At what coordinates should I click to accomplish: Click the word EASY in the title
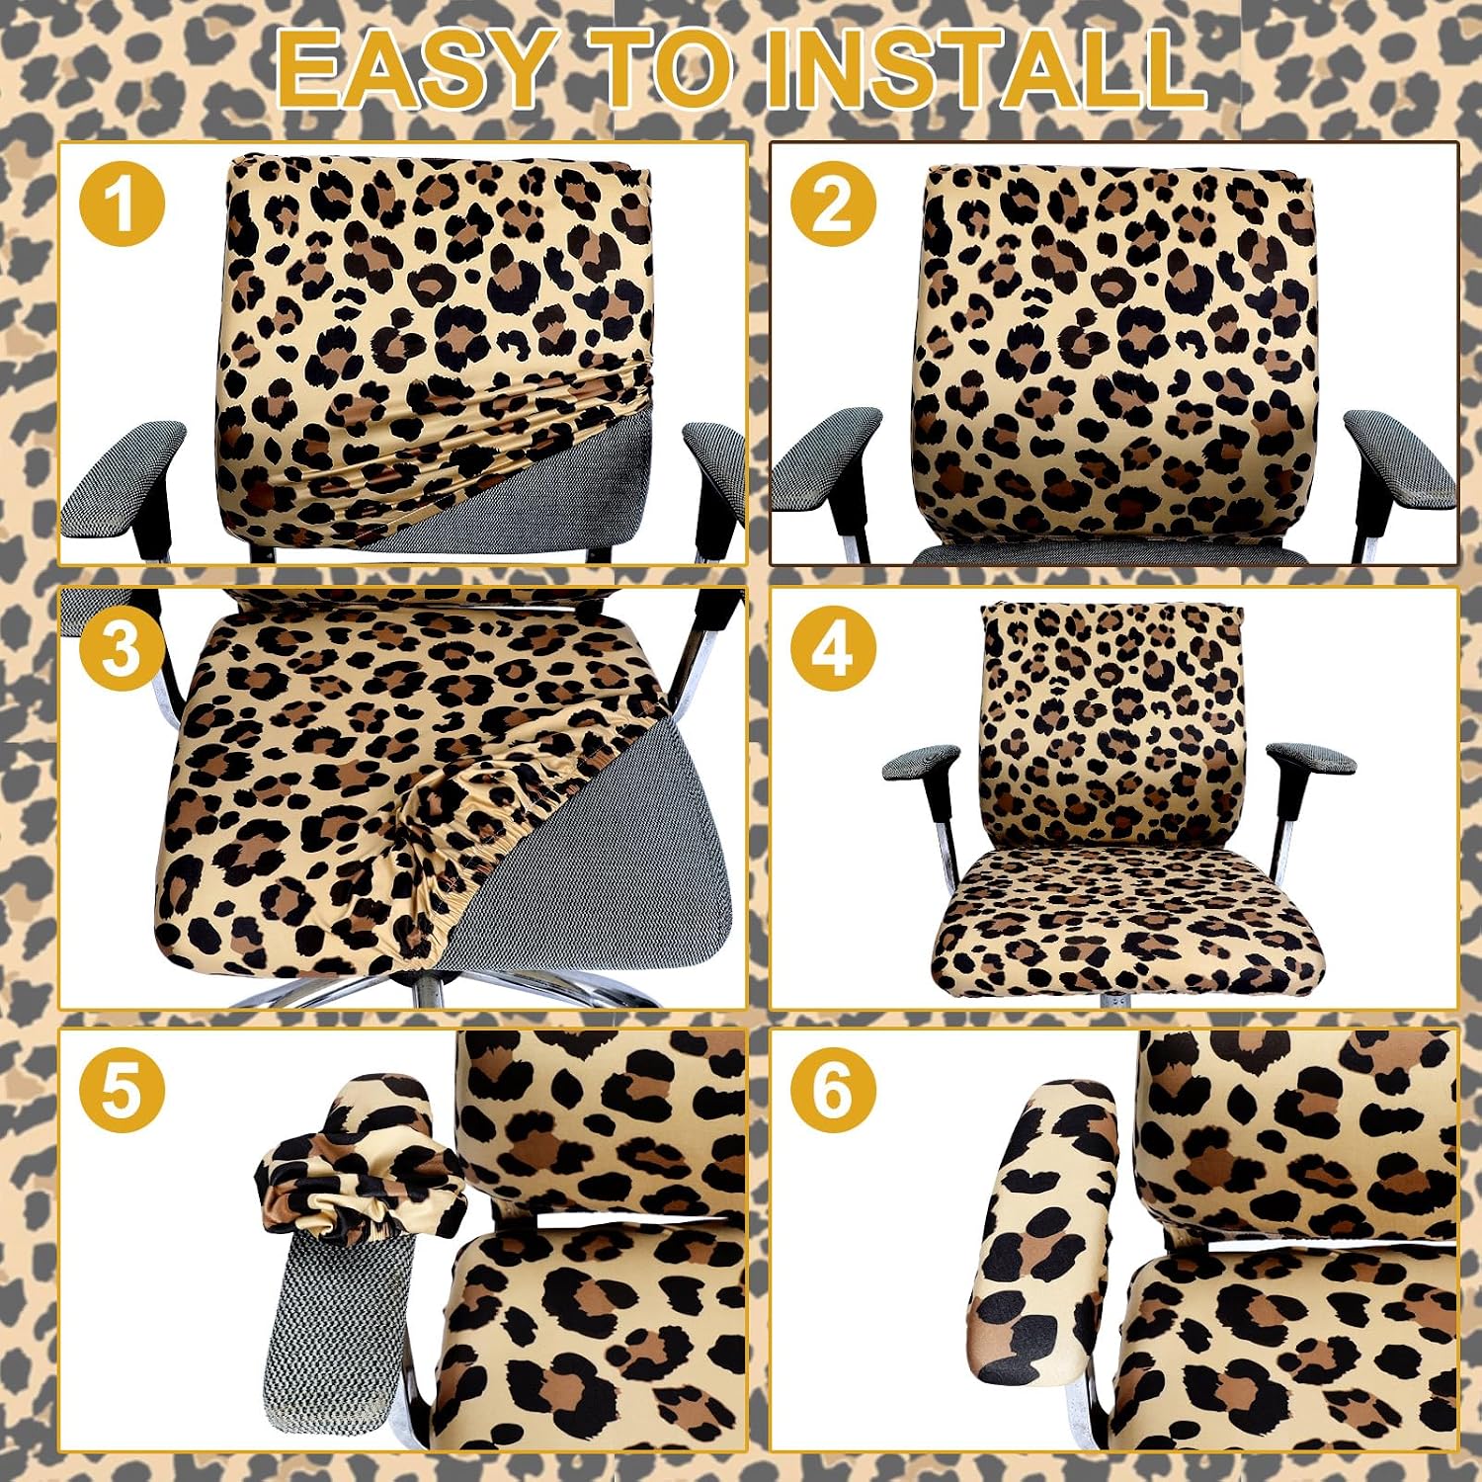(x=412, y=68)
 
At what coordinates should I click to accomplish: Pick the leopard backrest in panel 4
(x=1111, y=726)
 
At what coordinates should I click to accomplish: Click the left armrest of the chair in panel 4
(x=922, y=763)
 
